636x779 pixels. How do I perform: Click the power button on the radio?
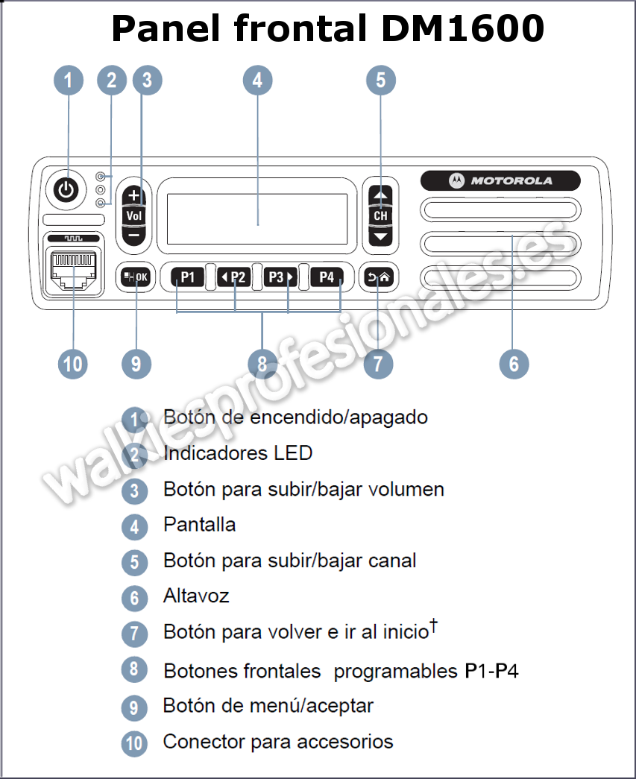pos(66,190)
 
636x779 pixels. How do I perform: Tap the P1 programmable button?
pos(187,277)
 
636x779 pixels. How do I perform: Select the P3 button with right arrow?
pos(280,277)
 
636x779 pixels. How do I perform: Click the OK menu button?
pos(136,277)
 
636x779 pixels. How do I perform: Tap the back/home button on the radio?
pos(378,277)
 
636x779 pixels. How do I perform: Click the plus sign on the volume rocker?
pos(134,196)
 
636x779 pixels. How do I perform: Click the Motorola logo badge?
pos(500,180)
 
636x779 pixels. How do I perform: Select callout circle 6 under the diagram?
pos(514,364)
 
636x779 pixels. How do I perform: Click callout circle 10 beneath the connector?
pos(73,364)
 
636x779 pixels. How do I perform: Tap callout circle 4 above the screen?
pos(257,80)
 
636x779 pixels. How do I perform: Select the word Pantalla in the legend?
pos(200,525)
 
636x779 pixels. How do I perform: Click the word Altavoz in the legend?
pos(196,596)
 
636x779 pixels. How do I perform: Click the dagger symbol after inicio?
pos(432,628)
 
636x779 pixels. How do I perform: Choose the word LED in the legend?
pos(292,453)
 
